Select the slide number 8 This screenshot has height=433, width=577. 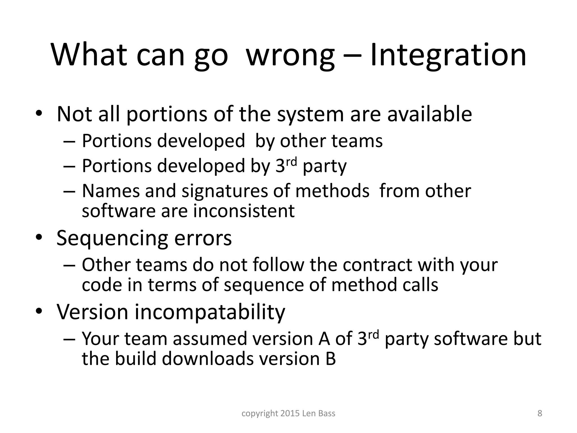pyautogui.click(x=540, y=413)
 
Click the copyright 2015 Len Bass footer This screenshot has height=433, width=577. pyautogui.click(x=288, y=413)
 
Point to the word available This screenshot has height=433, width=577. pyautogui.click(x=429, y=114)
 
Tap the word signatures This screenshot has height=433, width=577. pyautogui.click(x=225, y=191)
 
